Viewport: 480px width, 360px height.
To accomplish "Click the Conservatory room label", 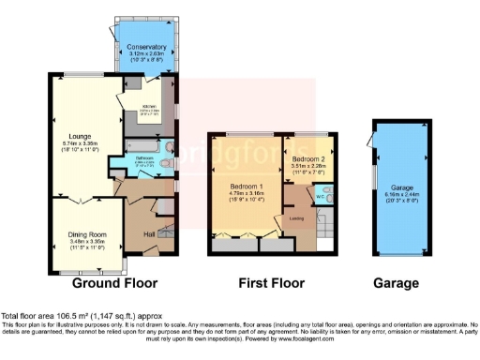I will click(146, 46).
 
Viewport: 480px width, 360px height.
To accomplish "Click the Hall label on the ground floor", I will click(147, 233).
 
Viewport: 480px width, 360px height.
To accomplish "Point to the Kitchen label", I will click(148, 107).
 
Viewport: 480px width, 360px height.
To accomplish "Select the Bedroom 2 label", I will click(307, 158).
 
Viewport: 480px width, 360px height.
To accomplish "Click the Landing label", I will click(296, 219).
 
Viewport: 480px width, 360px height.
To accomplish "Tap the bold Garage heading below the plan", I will click(397, 283).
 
